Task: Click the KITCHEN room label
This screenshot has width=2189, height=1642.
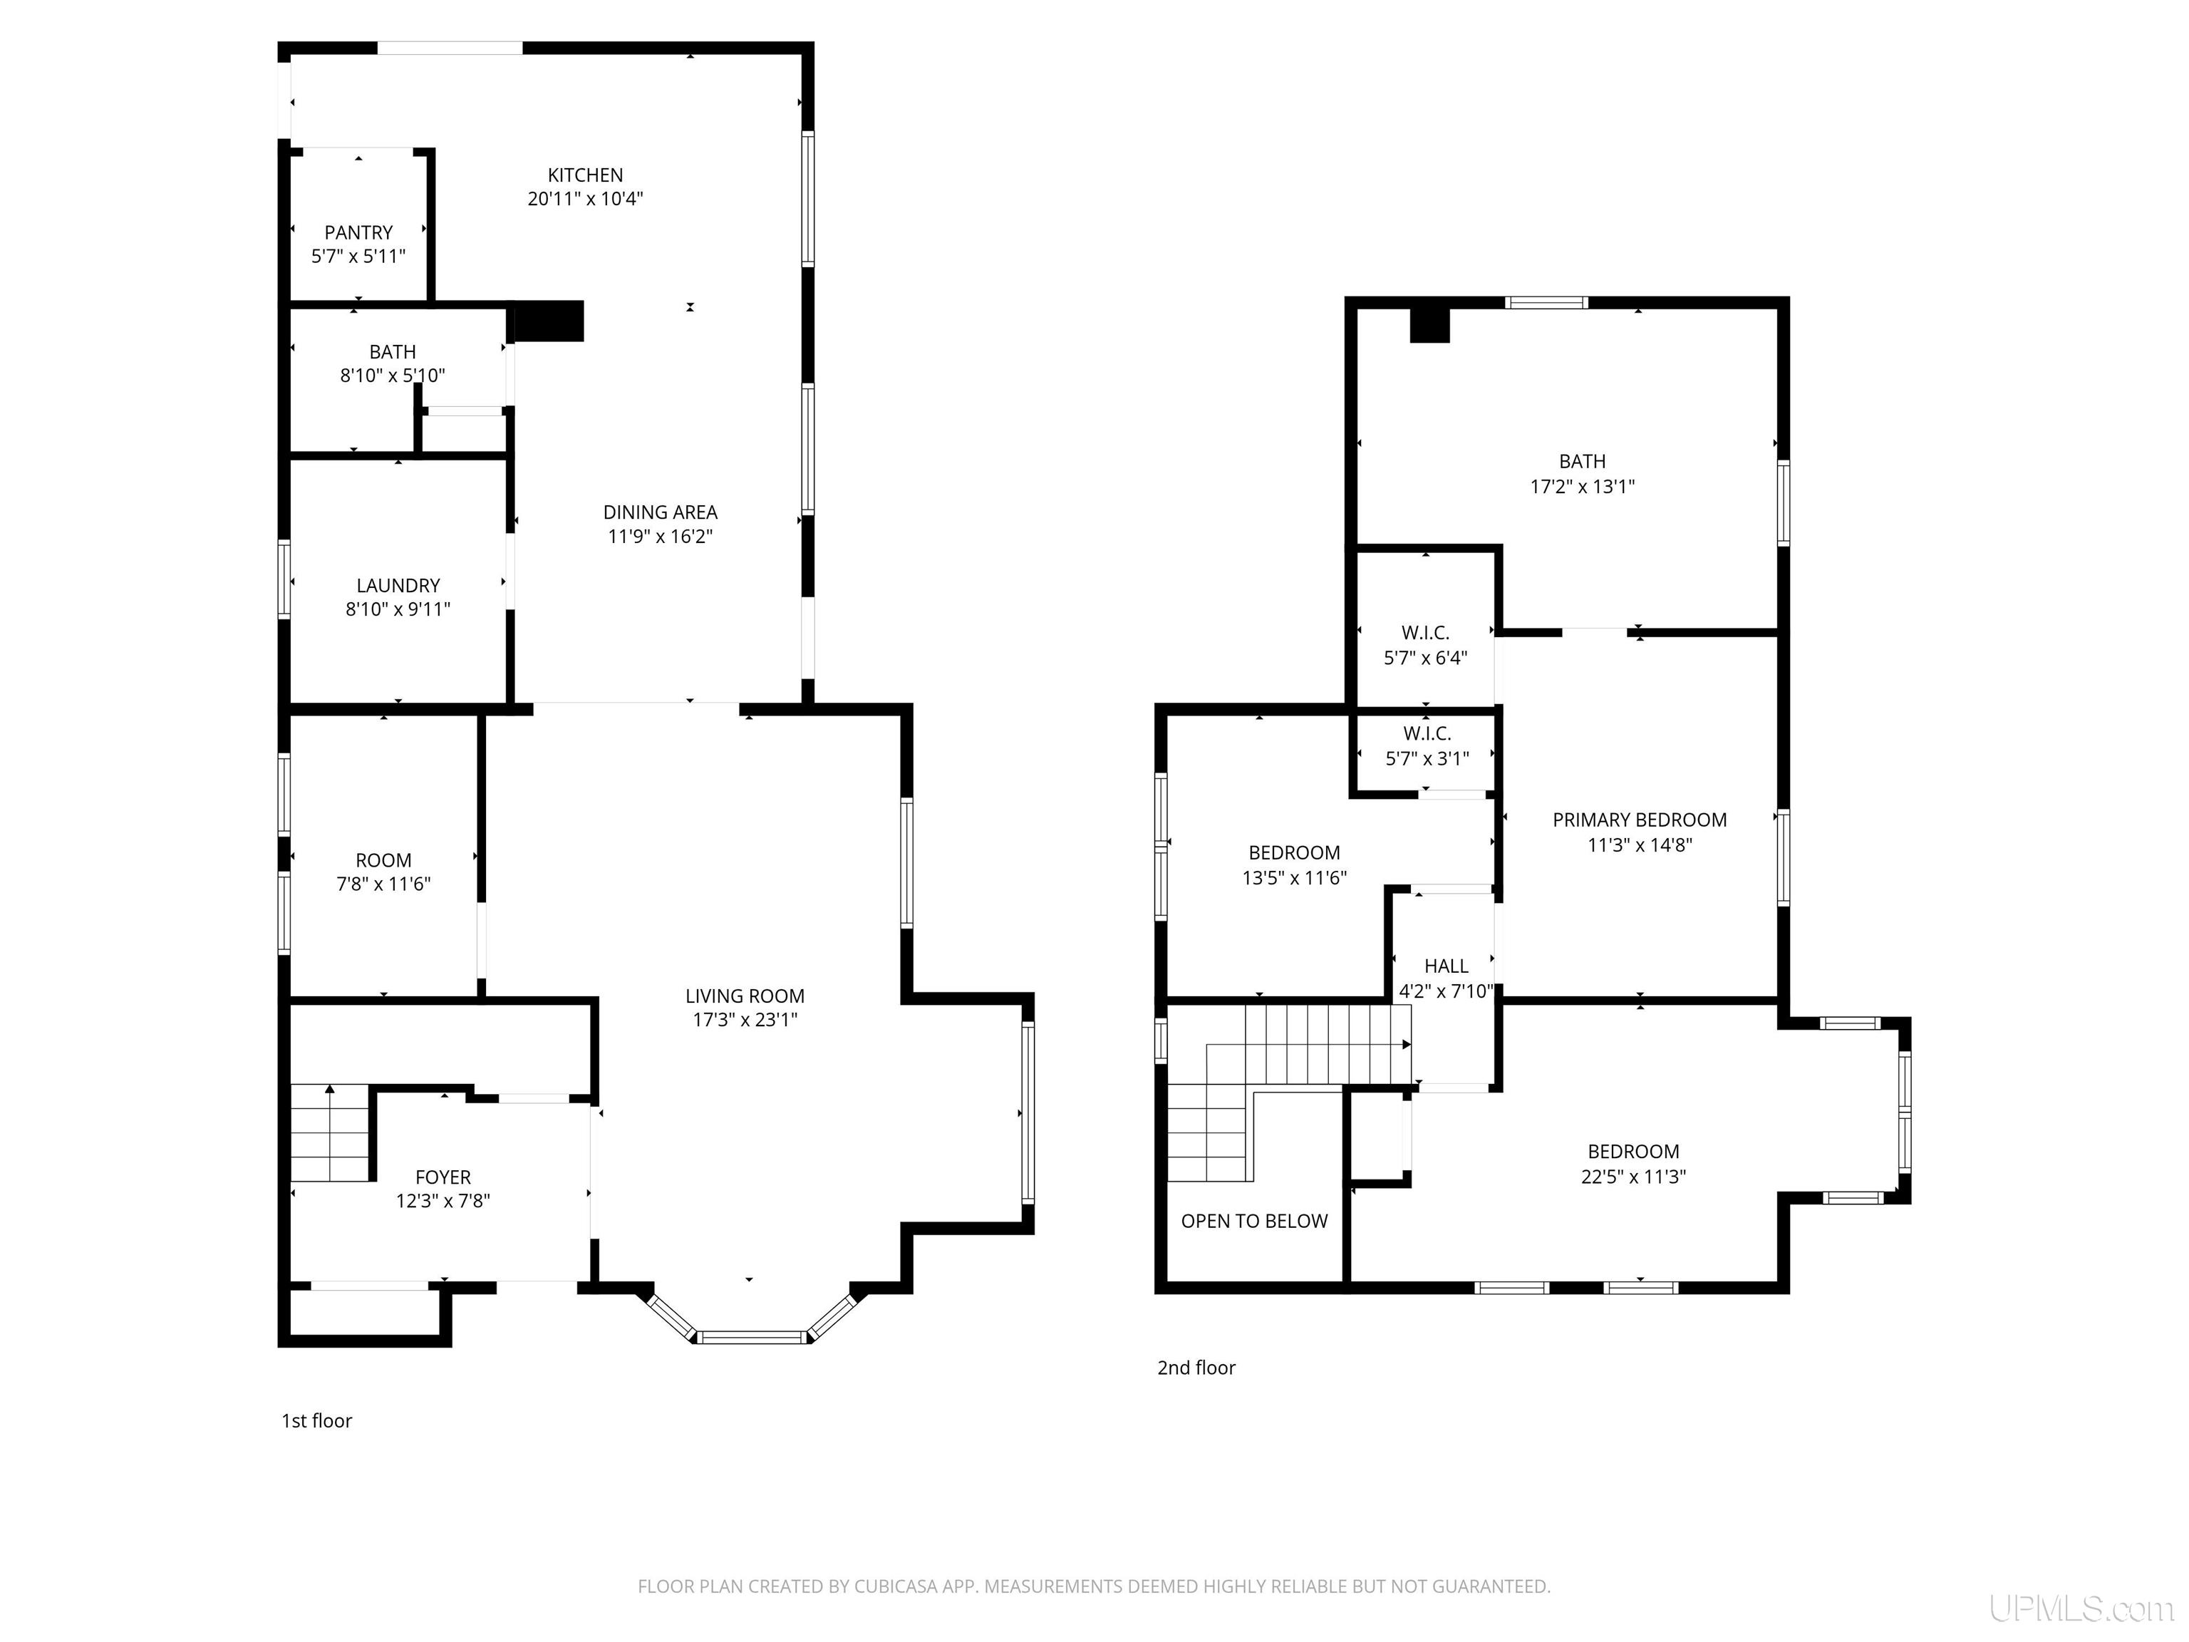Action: (x=586, y=175)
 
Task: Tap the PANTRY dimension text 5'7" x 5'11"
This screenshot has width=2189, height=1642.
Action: (x=358, y=257)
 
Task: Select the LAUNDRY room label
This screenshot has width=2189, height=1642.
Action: (x=398, y=586)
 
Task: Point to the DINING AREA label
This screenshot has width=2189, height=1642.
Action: (x=660, y=512)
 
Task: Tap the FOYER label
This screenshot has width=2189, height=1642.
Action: (x=443, y=1178)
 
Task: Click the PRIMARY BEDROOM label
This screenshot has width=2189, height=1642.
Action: (x=1640, y=820)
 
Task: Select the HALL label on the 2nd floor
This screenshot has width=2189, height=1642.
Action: (x=1446, y=966)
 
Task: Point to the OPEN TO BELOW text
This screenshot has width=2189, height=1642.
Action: (x=1254, y=1222)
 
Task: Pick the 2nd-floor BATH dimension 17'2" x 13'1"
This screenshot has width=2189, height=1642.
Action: (x=1583, y=487)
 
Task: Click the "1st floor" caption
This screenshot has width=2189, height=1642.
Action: (x=316, y=1421)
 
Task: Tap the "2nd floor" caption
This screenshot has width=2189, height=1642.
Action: (x=1196, y=1368)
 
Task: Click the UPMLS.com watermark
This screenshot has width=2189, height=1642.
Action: (x=2081, y=1609)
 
